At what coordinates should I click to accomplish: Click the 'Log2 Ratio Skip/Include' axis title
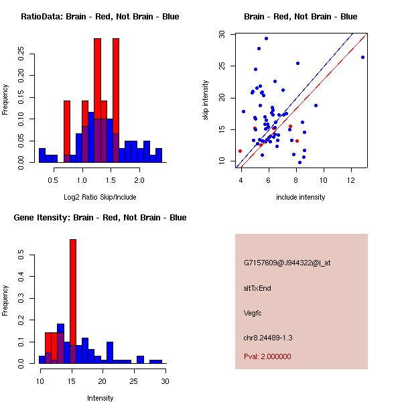pyautogui.click(x=100, y=197)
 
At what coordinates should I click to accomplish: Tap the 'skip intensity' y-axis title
pyautogui.click(x=206, y=100)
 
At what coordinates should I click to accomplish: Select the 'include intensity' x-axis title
pyautogui.click(x=301, y=197)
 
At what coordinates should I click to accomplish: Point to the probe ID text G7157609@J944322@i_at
pyautogui.click(x=287, y=263)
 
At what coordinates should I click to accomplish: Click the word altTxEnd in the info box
pyautogui.click(x=257, y=288)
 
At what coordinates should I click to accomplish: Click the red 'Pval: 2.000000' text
pyautogui.click(x=267, y=356)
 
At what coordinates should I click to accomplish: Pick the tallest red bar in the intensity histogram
pyautogui.click(x=73, y=301)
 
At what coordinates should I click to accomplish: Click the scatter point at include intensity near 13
pyautogui.click(x=362, y=57)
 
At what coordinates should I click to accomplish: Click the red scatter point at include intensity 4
pyautogui.click(x=240, y=151)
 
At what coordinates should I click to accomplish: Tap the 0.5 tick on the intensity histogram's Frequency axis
pyautogui.click(x=23, y=255)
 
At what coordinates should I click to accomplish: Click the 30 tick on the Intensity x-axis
pyautogui.click(x=165, y=381)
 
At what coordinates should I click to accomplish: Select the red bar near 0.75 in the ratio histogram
pyautogui.click(x=67, y=131)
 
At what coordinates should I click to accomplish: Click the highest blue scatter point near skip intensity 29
pyautogui.click(x=266, y=38)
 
